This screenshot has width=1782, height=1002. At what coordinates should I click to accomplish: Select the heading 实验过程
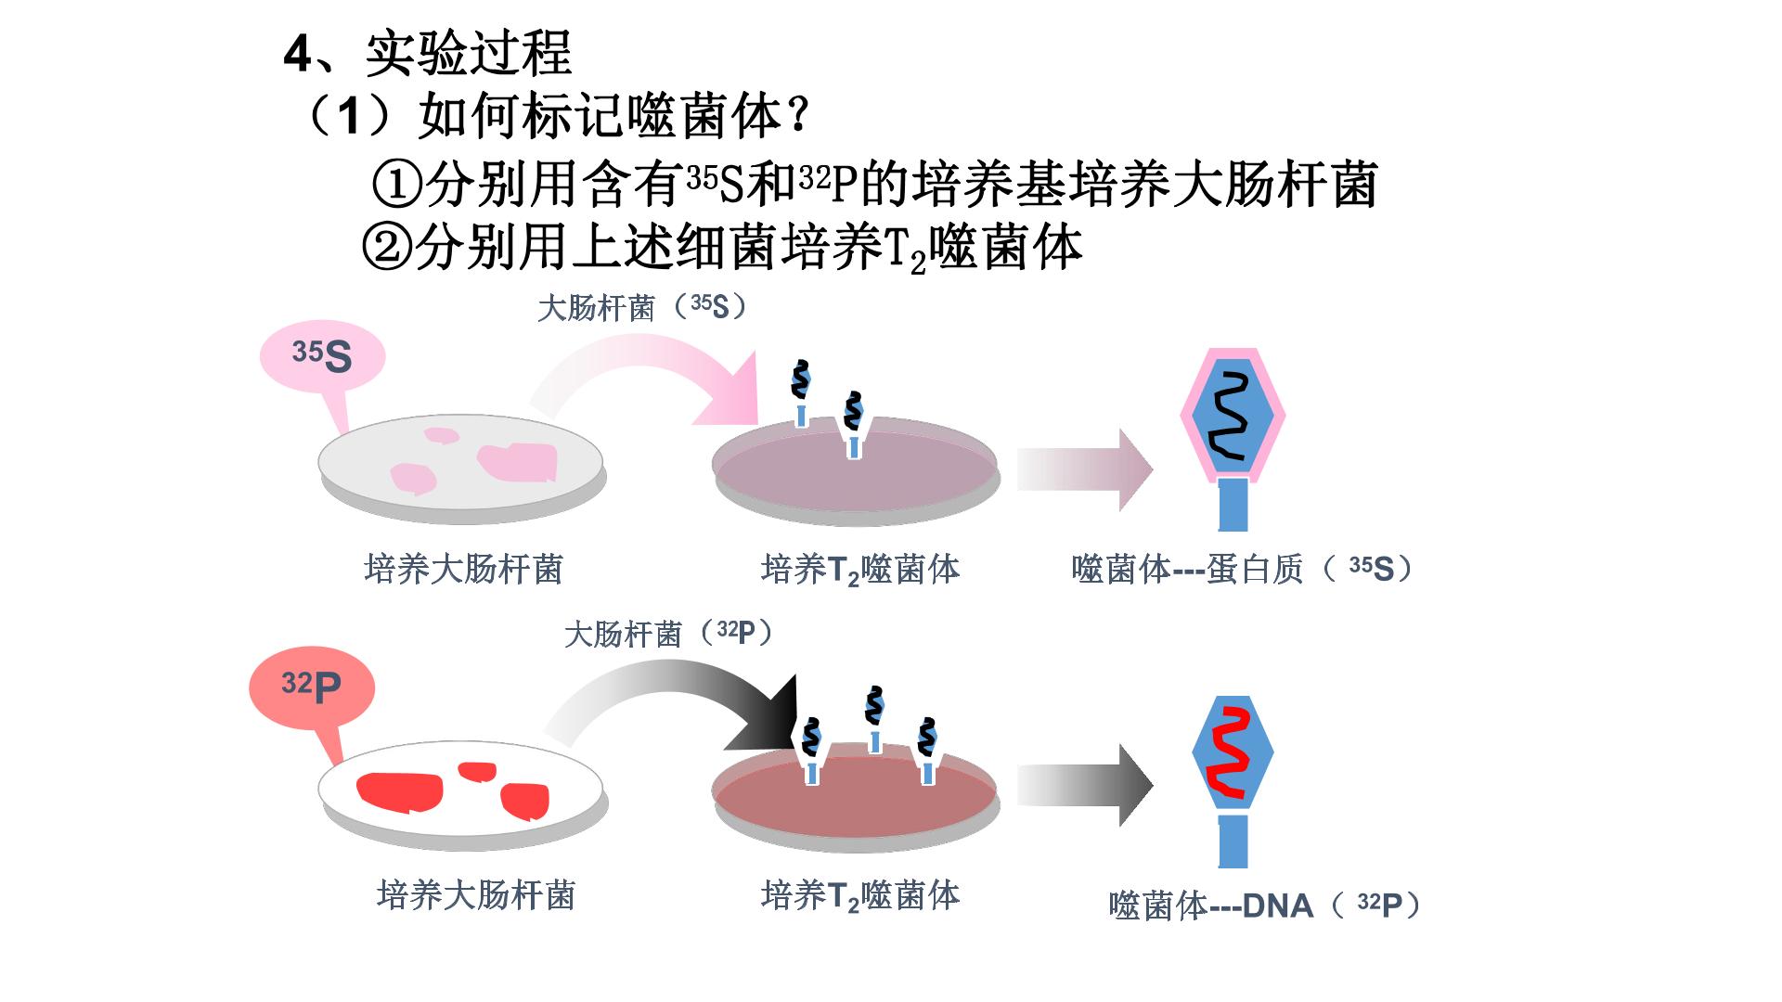point(468,53)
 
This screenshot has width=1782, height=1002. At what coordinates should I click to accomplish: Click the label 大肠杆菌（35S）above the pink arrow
point(642,307)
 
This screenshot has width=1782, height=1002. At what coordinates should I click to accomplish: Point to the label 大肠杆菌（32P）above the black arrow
point(669,634)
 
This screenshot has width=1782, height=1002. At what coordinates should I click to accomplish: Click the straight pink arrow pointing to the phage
point(1084,469)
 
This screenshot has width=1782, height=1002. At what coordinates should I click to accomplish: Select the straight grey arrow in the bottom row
point(1084,785)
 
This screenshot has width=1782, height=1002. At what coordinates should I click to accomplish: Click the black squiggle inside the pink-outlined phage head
point(1233,417)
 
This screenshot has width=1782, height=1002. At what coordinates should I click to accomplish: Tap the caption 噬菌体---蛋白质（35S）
point(1243,569)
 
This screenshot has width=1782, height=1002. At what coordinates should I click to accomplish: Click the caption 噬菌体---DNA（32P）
point(1264,906)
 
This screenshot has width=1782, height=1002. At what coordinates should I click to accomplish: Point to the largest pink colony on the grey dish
point(517,462)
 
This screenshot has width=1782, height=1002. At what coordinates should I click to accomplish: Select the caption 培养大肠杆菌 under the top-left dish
point(463,569)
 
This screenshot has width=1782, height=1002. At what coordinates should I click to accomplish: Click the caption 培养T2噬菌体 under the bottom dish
point(860,896)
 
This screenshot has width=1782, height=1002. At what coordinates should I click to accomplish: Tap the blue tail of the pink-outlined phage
point(1233,505)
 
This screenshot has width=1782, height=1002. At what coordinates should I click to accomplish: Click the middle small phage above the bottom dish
point(873,719)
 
